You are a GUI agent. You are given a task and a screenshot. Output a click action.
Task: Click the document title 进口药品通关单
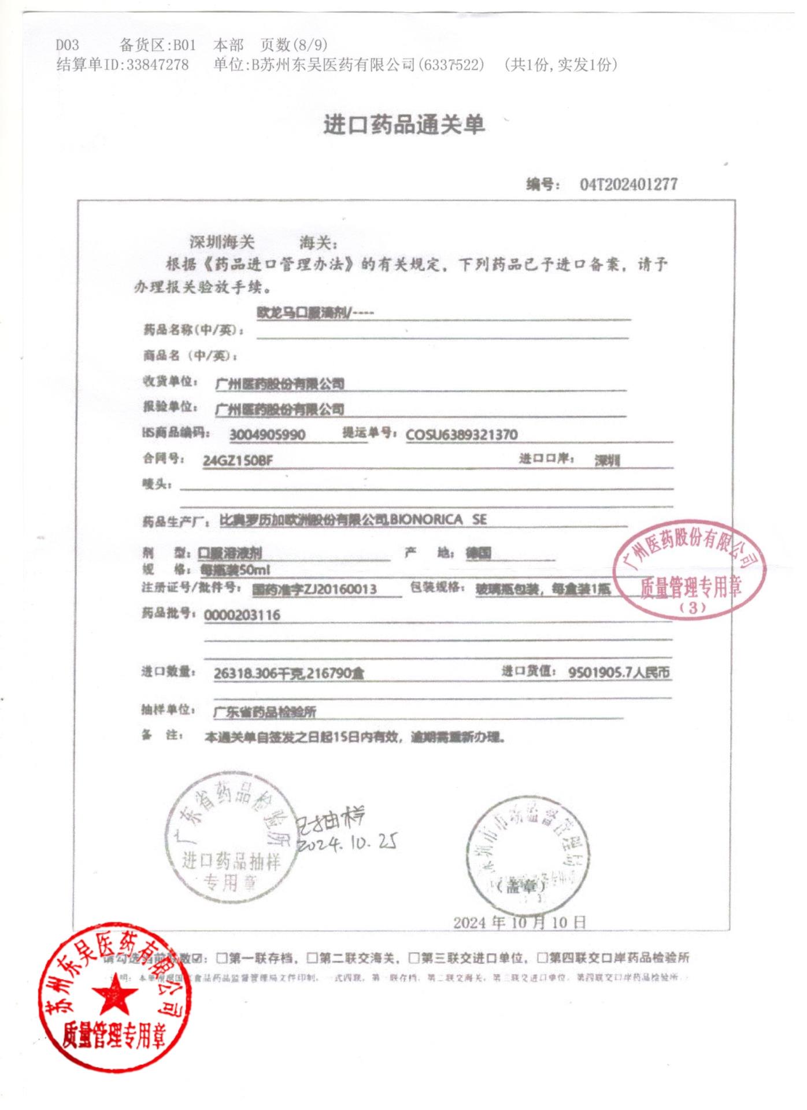coord(404,125)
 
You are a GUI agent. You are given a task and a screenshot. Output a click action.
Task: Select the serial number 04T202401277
coord(628,184)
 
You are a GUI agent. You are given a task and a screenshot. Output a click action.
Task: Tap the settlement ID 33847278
coord(157,65)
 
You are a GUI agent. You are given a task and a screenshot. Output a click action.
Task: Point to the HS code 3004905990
coord(267,435)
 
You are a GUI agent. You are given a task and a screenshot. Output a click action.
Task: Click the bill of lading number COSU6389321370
coord(461,435)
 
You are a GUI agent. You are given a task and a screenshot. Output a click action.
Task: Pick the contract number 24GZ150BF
coord(238,461)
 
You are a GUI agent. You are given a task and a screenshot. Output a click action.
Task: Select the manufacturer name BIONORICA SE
coord(438,519)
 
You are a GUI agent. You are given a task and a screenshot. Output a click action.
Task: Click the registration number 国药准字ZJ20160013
coord(314,589)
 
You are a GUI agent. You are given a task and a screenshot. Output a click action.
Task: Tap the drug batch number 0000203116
coord(242,615)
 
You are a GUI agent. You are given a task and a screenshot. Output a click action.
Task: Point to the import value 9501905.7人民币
coord(619,672)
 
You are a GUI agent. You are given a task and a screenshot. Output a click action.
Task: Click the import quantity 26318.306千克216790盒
coord(288,674)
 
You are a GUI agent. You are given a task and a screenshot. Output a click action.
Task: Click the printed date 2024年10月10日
coord(519,922)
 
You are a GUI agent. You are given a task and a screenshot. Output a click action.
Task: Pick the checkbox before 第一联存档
coord(221,959)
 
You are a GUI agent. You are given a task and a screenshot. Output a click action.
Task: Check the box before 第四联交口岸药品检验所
coord(542,959)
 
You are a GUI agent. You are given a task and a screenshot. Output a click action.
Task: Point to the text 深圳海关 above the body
coord(222,242)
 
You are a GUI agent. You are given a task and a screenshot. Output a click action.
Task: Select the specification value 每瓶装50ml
coord(235,570)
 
